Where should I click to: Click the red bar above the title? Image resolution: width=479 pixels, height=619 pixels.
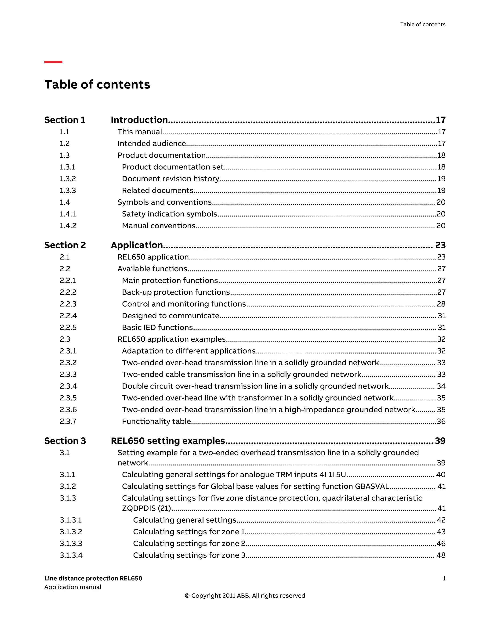(x=53, y=62)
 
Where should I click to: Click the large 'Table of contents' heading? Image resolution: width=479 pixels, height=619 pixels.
(x=97, y=84)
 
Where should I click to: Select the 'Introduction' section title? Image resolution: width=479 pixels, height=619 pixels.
(x=139, y=120)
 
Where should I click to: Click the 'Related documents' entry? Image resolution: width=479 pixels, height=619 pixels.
(x=157, y=190)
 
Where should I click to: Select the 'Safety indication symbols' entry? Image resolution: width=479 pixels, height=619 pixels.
(x=169, y=214)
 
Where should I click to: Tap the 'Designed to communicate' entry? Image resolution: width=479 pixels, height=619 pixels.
(x=171, y=316)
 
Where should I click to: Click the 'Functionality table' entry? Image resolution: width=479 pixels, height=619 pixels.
(x=156, y=421)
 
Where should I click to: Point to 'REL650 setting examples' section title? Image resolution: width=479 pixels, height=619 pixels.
(x=168, y=441)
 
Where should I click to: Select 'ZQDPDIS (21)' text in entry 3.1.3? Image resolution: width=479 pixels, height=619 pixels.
(x=146, y=508)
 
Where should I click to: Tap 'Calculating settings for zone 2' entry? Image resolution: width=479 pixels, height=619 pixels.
(x=189, y=543)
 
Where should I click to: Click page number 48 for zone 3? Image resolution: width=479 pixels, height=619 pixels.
(x=441, y=555)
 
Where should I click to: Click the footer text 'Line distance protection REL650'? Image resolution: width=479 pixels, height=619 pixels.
(x=93, y=579)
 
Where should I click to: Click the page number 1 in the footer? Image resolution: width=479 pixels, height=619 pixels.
(x=444, y=579)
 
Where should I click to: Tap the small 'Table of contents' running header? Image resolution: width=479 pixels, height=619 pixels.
(x=422, y=24)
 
